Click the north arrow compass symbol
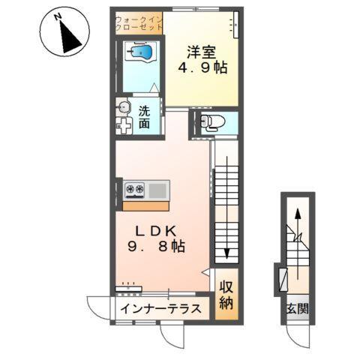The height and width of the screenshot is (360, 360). click(64, 31)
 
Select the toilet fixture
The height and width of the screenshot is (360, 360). click(212, 122)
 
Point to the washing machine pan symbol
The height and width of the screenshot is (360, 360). click(124, 125)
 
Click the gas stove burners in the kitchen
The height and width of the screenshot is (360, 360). click(135, 190)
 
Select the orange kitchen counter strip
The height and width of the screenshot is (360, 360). click(145, 206)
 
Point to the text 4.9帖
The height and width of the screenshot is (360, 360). click(202, 67)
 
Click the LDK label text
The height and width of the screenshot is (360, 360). click(156, 231)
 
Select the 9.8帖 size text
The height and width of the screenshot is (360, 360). click(156, 247)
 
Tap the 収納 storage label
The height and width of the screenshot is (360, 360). click(226, 295)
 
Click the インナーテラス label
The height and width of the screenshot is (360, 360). click(160, 309)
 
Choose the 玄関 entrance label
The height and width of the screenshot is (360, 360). click(298, 309)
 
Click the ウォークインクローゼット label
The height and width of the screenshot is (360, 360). click(139, 23)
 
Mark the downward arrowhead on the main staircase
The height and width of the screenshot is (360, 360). click(226, 253)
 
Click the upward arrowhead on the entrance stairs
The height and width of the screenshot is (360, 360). click(298, 214)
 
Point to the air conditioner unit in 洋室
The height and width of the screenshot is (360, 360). click(235, 25)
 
